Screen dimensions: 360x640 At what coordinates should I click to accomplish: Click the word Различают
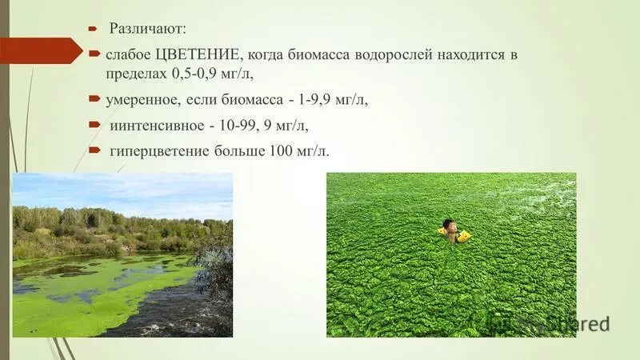click(146, 29)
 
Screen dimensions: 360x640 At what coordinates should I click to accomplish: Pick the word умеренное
click(141, 100)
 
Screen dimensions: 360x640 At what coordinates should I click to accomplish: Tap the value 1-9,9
click(313, 100)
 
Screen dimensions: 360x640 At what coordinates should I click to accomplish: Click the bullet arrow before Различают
click(92, 28)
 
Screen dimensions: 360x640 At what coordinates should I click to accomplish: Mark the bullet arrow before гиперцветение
click(93, 150)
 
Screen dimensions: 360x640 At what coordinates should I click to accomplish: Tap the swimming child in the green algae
click(452, 232)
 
